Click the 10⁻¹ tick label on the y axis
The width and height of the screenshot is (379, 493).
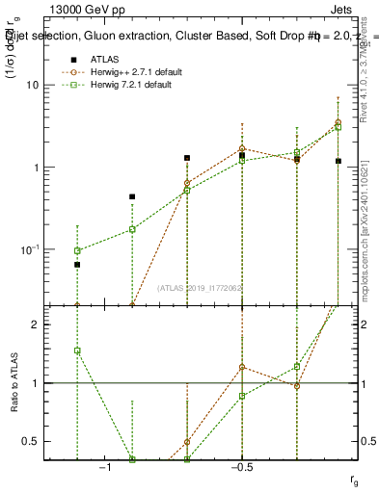tap(36, 249)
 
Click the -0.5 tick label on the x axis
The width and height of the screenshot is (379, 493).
tap(241, 467)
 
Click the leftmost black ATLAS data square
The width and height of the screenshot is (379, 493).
tap(77, 264)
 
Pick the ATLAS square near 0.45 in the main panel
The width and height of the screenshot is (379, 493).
tap(132, 196)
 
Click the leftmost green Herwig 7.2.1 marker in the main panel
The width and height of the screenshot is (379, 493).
tap(77, 250)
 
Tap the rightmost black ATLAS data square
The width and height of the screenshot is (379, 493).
tap(338, 161)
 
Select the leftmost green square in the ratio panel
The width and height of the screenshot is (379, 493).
tap(77, 350)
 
